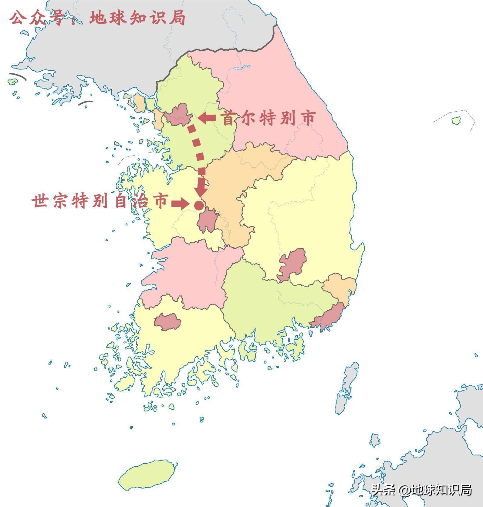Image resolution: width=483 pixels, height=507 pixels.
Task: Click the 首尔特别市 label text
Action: point(269,118)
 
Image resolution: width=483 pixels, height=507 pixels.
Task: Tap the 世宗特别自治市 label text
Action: point(100,201)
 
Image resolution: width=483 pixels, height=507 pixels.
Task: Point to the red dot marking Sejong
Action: point(199,205)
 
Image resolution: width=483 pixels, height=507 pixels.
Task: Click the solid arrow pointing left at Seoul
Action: point(207,118)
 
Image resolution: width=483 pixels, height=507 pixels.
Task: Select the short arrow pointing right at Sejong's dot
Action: point(180,203)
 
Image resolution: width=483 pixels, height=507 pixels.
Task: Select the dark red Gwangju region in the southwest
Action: point(167,321)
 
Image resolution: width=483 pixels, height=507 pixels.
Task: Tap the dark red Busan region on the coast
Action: point(329,317)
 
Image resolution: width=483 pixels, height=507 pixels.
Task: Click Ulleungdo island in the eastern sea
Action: point(456,121)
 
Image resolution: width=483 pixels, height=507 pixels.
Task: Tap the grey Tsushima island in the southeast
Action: point(346,388)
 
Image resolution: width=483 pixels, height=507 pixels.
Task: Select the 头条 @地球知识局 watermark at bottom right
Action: point(422,489)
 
